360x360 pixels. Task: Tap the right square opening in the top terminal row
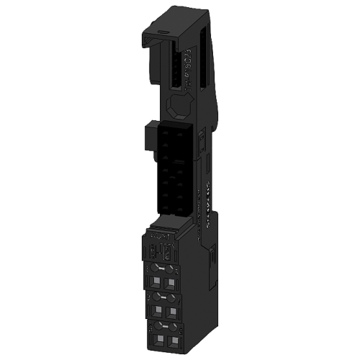174,280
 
